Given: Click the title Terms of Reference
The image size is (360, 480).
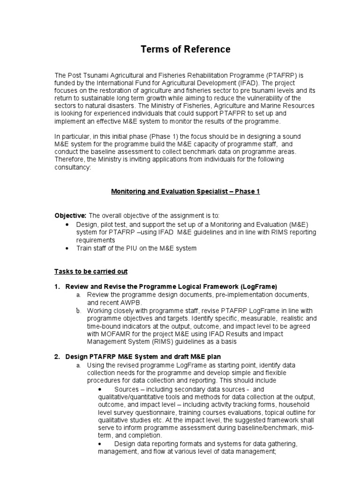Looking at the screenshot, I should [x=180, y=49].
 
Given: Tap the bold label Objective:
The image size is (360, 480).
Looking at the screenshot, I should [x=70, y=215].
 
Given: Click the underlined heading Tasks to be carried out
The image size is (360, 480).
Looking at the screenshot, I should [x=91, y=271].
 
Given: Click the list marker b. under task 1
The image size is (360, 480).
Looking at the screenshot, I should [x=79, y=310].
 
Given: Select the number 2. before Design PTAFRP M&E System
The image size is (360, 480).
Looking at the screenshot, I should [x=57, y=357].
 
